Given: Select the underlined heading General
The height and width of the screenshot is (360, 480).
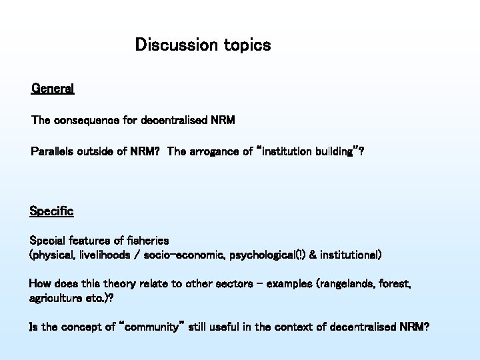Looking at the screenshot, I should coord(53,88).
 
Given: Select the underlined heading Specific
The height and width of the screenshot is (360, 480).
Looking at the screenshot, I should coord(51,211).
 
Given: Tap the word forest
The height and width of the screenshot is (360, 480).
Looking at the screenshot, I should coord(395,283).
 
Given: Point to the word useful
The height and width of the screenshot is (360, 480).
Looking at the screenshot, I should coord(212,327).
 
